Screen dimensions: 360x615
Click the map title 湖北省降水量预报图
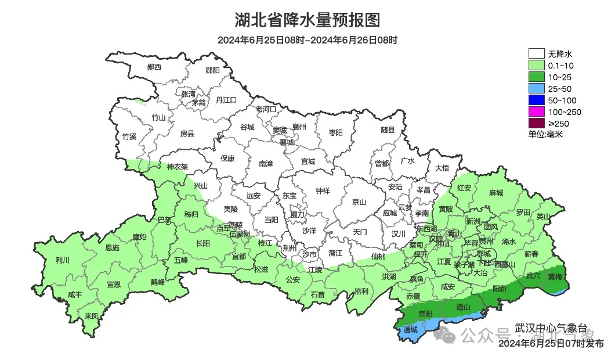307,20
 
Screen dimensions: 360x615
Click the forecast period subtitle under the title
307,40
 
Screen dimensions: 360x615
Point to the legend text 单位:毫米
545,134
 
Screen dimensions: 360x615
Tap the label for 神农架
178,167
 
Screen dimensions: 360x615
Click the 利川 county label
62,260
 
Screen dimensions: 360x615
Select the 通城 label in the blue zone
410,330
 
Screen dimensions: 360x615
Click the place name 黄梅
555,277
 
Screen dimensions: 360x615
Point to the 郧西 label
154,67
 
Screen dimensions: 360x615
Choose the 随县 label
388,130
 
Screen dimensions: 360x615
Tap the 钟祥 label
323,190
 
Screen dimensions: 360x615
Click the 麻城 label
496,192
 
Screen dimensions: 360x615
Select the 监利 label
361,291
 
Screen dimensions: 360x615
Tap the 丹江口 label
226,100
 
